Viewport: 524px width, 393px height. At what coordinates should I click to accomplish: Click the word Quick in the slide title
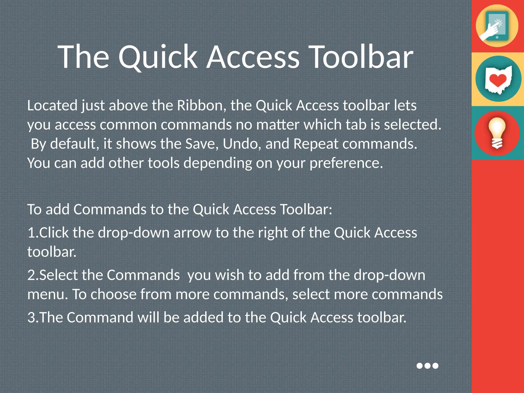tap(158, 58)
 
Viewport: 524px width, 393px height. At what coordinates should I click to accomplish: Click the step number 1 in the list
tap(31, 233)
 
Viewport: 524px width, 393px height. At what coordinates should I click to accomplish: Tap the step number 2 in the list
tap(31, 275)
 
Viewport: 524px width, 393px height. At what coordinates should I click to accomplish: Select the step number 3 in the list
tap(31, 318)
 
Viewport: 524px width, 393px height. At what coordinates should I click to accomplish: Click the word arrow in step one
tap(192, 233)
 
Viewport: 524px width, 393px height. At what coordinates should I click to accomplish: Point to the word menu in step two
tap(47, 294)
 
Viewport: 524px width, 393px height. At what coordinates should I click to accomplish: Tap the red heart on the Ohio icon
tap(498, 80)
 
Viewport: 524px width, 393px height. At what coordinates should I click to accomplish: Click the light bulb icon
tap(497, 133)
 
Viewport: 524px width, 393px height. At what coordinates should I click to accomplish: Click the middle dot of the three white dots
tap(427, 366)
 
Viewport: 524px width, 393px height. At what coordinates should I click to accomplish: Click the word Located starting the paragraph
tap(52, 105)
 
